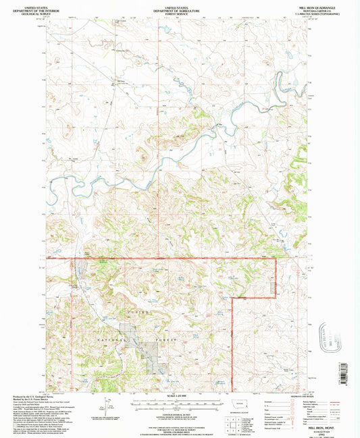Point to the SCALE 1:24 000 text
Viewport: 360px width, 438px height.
pos(179,395)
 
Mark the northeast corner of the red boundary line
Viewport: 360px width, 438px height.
pos(276,258)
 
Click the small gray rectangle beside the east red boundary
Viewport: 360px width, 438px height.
pos(274,288)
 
